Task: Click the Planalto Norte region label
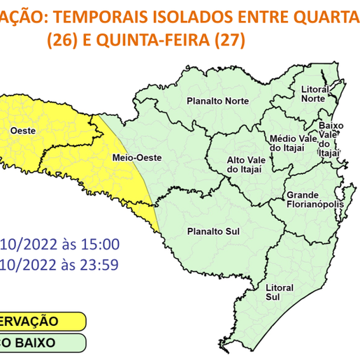tap(218, 101)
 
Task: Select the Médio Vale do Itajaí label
tap(286, 143)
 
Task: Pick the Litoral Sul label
tap(278, 292)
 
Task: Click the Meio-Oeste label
tap(136, 159)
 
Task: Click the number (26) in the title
tap(64, 41)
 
